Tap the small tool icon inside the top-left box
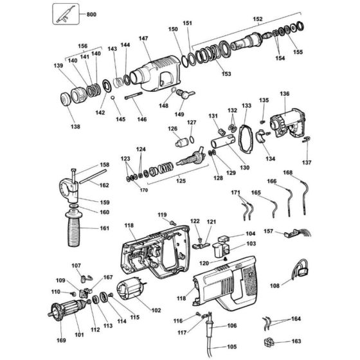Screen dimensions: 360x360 [x=63, y=13]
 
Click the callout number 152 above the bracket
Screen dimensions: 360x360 [x=259, y=19]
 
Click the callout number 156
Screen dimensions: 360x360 [x=82, y=46]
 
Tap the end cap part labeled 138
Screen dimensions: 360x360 [x=66, y=101]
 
